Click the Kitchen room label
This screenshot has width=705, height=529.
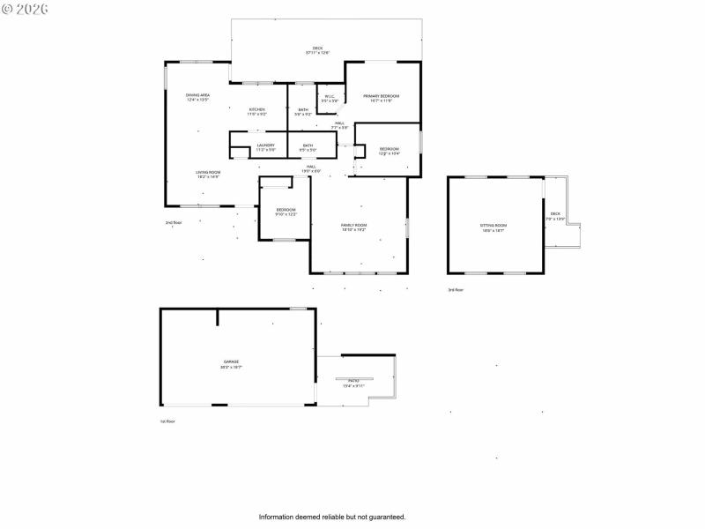(256, 111)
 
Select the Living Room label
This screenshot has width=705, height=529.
(208, 174)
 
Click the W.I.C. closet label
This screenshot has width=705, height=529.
(330, 98)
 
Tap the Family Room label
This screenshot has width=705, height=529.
(354, 227)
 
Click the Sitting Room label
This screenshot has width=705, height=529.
(493, 227)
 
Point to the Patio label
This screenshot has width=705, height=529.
(352, 383)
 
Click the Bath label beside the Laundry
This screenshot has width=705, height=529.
(308, 147)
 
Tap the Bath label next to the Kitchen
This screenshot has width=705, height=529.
(303, 111)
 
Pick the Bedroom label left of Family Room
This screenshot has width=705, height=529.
(286, 211)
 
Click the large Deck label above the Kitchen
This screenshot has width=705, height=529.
(317, 50)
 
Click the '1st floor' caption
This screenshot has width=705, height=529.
(167, 421)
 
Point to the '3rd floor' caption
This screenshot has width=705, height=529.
(455, 289)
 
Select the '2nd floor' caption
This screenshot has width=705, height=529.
(174, 222)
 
